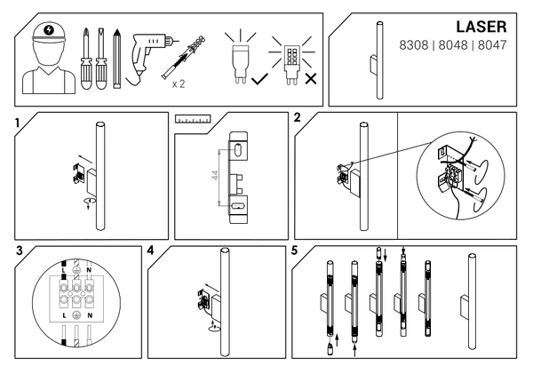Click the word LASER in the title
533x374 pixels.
click(x=481, y=27)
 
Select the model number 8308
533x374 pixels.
click(x=414, y=45)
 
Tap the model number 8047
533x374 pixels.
click(x=492, y=45)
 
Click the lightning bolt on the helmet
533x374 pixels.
click(x=49, y=30)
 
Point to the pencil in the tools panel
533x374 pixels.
click(x=117, y=59)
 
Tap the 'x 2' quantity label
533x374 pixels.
click(x=179, y=84)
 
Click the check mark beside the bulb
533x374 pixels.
click(x=259, y=79)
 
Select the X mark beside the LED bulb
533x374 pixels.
click(x=311, y=79)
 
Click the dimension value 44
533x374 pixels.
click(x=215, y=175)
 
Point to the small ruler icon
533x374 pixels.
click(x=193, y=119)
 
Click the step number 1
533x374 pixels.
click(x=18, y=123)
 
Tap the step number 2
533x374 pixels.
click(x=297, y=117)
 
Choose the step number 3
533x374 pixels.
click(x=20, y=251)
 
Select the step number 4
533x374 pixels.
click(x=151, y=251)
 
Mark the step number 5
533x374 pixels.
click(x=294, y=251)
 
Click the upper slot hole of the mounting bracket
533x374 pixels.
click(x=238, y=149)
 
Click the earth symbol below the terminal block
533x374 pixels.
click(x=76, y=315)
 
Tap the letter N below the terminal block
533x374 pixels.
click(x=90, y=315)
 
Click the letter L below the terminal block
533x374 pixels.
click(x=64, y=315)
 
